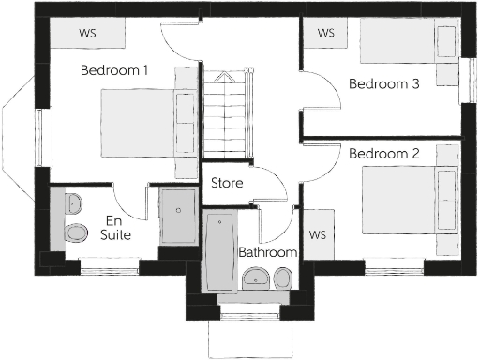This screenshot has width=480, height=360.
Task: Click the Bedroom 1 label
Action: pos(115,70)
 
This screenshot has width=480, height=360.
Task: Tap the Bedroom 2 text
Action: pos(383,153)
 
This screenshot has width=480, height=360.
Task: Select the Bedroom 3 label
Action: pos(383,83)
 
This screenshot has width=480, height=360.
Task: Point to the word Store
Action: pos(228,183)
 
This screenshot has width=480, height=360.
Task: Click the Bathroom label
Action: pos(267,253)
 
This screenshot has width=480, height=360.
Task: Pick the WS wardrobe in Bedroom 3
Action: pos(326,34)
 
